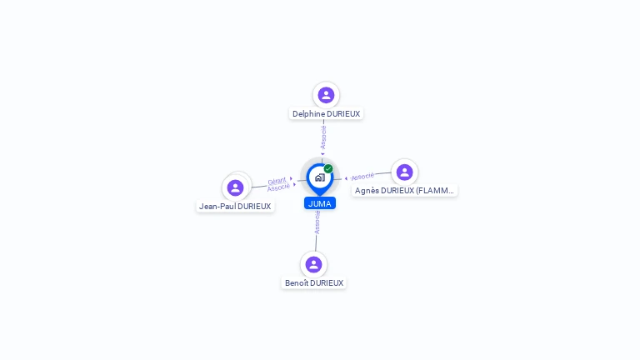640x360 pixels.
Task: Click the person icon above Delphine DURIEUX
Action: pos(326,95)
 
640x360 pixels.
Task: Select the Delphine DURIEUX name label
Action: pos(327,113)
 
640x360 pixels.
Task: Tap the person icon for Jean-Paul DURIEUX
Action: pos(235,187)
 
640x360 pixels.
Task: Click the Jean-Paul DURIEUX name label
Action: pos(235,207)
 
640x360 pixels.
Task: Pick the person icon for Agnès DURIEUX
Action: pos(404,172)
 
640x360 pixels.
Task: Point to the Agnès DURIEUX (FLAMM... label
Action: pos(404,191)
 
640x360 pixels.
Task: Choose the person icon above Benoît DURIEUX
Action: pos(313,264)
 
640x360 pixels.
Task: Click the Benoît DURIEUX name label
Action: pos(314,283)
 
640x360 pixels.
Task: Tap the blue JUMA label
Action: pos(320,203)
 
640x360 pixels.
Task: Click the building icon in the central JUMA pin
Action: pos(319,177)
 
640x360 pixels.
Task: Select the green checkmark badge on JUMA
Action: pos(328,169)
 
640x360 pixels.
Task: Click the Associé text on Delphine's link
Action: pos(323,137)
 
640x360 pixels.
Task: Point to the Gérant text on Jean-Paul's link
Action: pos(277,180)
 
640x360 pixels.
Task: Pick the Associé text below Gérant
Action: pos(278,187)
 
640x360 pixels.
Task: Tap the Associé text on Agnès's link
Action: pos(362,177)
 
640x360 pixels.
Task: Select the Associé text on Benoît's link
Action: pos(317,222)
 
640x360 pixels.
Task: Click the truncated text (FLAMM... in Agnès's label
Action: pos(434,191)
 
